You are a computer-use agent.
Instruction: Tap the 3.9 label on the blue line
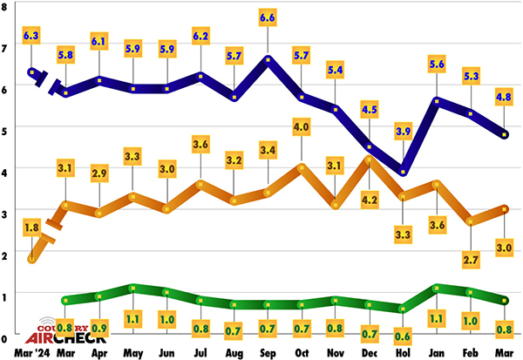[x=403, y=131]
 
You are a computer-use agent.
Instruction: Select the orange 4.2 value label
[x=370, y=200]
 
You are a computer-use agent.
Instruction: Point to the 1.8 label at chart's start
[x=31, y=228]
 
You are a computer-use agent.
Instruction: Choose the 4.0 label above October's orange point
[x=302, y=128]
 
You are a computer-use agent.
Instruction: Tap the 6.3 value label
[x=31, y=36]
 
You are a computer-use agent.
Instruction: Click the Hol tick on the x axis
[x=403, y=352]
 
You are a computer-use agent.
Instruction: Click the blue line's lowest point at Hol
[x=403, y=171]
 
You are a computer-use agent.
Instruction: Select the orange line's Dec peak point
[x=370, y=159]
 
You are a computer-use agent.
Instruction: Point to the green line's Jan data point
[x=436, y=287]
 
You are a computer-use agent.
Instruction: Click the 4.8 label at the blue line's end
[x=503, y=98]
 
